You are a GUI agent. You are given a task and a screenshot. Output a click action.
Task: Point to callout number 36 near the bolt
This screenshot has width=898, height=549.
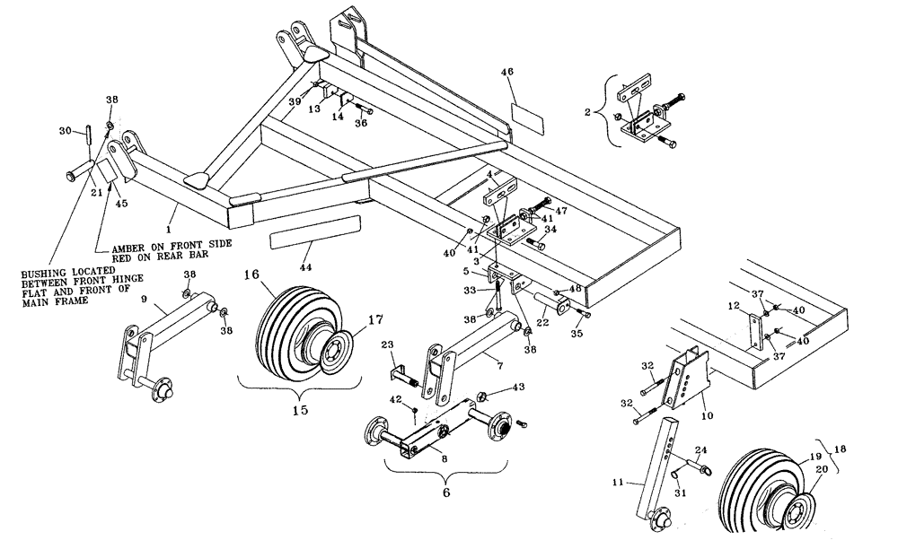pos(362,124)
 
